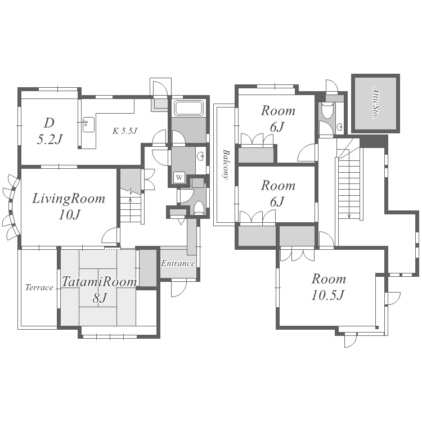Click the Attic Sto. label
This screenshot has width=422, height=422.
[376, 102]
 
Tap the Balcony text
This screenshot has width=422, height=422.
[226, 164]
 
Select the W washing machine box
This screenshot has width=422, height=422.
[179, 177]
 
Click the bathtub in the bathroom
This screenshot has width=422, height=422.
[188, 108]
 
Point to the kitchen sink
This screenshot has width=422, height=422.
[88, 124]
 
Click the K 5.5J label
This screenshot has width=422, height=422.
[125, 131]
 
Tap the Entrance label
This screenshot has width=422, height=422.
[178, 263]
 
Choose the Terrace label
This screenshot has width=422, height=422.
[39, 288]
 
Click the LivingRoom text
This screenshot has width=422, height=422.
[69, 199]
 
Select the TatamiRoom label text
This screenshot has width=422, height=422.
[100, 282]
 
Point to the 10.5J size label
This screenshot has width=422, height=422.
[328, 295]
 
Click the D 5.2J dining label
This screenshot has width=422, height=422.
[50, 131]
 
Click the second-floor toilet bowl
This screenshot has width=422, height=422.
[327, 110]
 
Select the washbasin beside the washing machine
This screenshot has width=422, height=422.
[200, 156]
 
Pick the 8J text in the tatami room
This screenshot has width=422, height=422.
[100, 298]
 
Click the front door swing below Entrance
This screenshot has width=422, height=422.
[179, 288]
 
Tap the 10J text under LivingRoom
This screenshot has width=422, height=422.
[69, 215]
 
